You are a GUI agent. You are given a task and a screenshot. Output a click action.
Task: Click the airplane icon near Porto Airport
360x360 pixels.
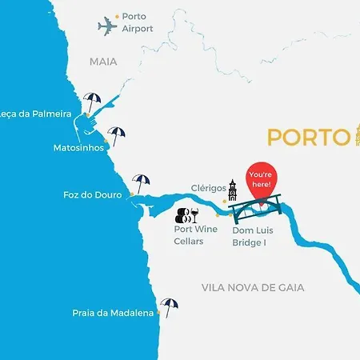pos(107,26)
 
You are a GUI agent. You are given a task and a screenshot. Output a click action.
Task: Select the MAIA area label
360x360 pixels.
pos(103,61)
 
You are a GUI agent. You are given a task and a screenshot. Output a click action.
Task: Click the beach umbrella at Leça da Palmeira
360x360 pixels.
pos(93,102)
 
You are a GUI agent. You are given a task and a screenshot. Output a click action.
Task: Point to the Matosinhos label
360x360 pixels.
pos(78,148)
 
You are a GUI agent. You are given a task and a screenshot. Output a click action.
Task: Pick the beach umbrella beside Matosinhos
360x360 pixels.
pos(117,135)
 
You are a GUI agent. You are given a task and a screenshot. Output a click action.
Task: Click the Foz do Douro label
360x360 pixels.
pos(92,194)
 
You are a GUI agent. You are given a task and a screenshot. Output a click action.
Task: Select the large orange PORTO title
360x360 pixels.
pos(308,137)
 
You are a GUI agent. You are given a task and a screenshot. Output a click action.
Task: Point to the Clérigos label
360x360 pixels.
pos(207,188)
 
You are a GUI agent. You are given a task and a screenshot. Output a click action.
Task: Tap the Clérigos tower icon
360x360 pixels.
pos(233,190)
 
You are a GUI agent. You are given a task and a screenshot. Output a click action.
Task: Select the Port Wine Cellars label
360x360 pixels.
pos(196,235)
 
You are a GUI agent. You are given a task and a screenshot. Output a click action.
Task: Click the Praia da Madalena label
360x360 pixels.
pos(113,314)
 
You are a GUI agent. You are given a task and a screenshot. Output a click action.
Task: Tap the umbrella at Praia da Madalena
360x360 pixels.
pos(169,306)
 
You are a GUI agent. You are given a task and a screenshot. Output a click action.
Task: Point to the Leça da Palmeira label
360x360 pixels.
pos(36,114)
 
